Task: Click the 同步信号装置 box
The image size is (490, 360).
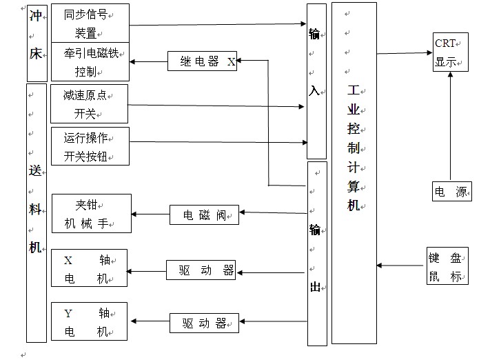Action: click(x=90, y=23)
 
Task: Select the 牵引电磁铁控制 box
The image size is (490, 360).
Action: click(x=90, y=62)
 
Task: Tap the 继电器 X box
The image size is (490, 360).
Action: click(x=202, y=61)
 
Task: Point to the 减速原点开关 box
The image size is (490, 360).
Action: click(x=90, y=104)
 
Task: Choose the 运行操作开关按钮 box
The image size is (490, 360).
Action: click(x=90, y=146)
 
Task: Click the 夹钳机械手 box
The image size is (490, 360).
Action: click(x=92, y=213)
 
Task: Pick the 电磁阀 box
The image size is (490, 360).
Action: click(x=204, y=215)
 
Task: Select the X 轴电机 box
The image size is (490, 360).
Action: click(x=90, y=268)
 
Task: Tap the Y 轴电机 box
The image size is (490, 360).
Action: click(x=90, y=321)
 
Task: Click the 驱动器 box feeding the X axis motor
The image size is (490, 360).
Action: click(x=201, y=270)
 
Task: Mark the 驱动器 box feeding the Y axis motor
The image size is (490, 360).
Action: click(x=204, y=323)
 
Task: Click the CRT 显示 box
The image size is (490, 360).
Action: click(x=450, y=52)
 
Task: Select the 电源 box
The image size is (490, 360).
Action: click(x=452, y=191)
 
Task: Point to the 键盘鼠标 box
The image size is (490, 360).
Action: click(x=447, y=266)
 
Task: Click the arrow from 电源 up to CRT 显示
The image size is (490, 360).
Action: click(x=450, y=126)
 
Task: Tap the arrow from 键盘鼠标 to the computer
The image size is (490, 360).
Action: click(x=400, y=266)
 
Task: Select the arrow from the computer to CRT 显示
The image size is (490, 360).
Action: click(x=405, y=53)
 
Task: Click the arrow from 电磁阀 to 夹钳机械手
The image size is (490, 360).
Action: click(x=151, y=214)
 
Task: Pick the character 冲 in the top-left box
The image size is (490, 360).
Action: click(x=35, y=16)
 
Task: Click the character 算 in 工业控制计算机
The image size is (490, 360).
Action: click(x=354, y=186)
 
